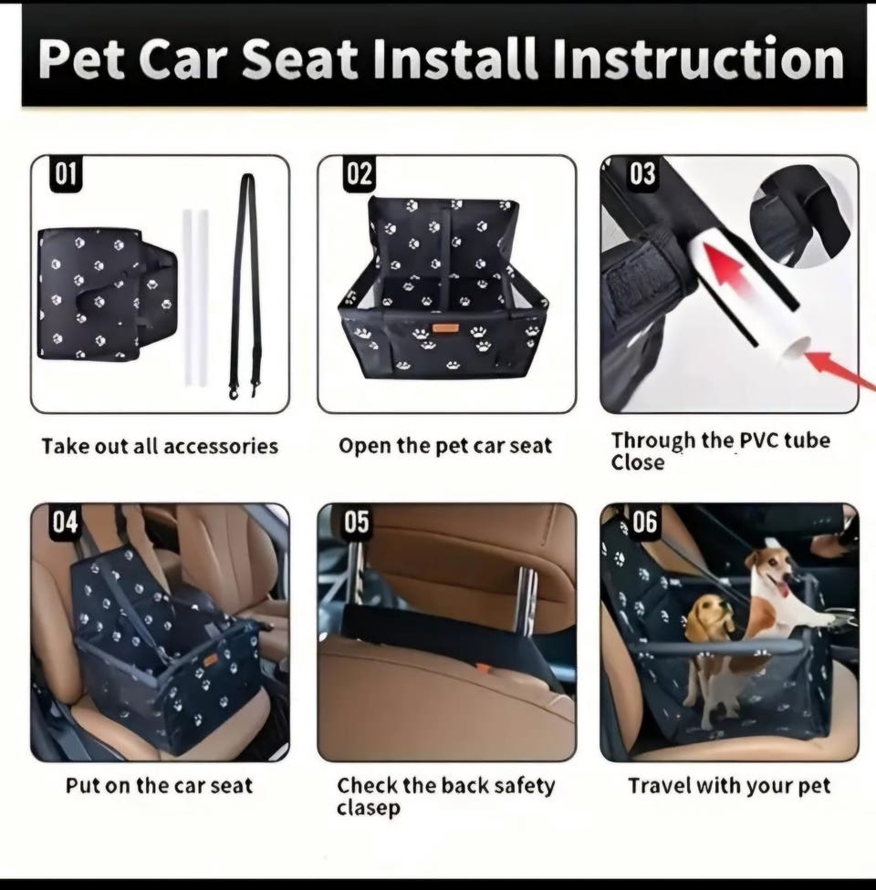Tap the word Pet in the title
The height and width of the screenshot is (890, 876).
pos(81,59)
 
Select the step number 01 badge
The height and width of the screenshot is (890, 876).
pos(66,173)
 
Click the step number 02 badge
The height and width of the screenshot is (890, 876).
pos(359,173)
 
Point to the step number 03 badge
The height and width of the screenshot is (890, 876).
pos(642,173)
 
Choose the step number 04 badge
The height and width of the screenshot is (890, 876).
pos(66,522)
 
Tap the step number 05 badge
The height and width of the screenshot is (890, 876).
pos(357,522)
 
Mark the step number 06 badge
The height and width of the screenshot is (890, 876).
pos(644,522)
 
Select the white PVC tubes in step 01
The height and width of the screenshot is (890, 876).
pos(195,297)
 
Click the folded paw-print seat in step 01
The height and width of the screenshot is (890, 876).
pos(108,295)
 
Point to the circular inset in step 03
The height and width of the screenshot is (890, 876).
pos(800,217)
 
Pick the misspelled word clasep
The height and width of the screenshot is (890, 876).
pos(368,808)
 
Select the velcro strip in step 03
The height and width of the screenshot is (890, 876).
pos(642,279)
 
